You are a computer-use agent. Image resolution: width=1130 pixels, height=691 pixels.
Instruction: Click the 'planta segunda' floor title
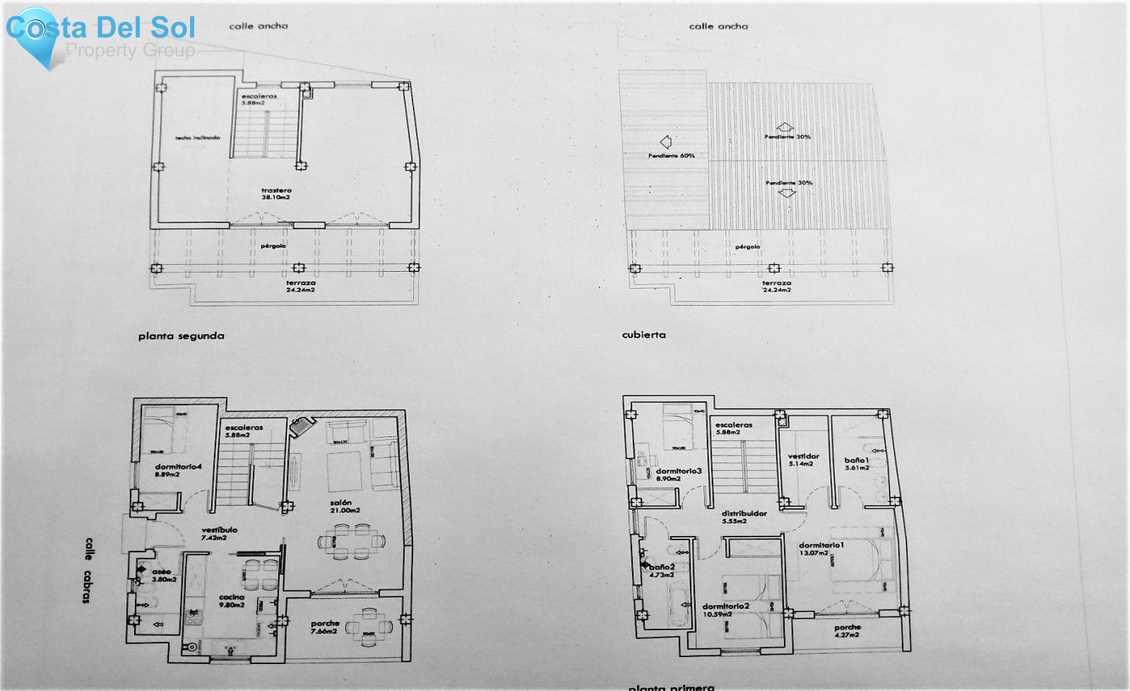tap(181, 336)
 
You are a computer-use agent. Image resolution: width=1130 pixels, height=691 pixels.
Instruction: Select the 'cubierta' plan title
tap(643, 335)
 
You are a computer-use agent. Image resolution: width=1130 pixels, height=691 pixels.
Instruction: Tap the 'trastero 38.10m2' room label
tap(276, 193)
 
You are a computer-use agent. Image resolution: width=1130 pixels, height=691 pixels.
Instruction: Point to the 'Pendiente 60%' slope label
tap(671, 155)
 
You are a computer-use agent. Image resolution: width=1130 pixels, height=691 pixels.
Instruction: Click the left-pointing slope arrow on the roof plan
tap(666, 141)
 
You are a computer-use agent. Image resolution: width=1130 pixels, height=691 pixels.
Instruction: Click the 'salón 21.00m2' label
tap(344, 506)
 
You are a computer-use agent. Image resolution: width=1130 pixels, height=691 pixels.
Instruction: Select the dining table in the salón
tap(352, 541)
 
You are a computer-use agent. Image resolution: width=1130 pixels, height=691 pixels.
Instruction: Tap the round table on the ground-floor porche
tap(369, 626)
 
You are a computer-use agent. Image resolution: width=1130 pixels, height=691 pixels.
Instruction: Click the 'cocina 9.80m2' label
tap(232, 601)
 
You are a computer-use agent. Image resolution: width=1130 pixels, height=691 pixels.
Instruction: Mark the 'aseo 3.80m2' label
tap(163, 575)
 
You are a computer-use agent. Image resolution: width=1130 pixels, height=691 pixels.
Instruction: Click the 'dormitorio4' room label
tap(178, 470)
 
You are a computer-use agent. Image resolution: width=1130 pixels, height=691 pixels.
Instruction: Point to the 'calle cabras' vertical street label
tap(88, 570)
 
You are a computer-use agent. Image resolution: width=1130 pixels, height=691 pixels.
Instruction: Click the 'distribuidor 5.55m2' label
tap(743, 517)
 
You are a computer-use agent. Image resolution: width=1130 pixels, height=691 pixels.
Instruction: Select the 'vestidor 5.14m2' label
tap(803, 460)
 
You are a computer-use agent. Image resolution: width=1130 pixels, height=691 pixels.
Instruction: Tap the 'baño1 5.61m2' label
tap(857, 464)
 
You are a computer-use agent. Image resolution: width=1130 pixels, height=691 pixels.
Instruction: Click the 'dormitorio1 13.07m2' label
tap(821, 548)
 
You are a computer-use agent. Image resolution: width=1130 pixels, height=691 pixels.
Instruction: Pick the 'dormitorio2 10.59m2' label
tap(725, 610)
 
